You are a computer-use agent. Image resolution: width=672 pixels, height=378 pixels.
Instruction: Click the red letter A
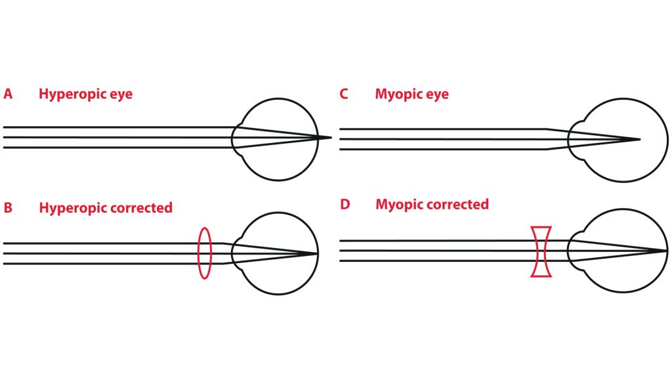[8, 94]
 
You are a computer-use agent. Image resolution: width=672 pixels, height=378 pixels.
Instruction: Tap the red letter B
[8, 208]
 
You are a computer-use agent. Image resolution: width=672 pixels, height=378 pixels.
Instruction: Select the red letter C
[344, 94]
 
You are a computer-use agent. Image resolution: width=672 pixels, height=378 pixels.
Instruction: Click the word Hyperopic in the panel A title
[68, 94]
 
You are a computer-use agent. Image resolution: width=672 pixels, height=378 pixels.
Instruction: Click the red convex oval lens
[205, 253]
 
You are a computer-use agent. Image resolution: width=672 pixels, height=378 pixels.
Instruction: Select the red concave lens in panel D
[542, 251]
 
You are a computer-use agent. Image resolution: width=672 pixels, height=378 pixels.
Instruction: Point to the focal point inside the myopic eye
[639, 139]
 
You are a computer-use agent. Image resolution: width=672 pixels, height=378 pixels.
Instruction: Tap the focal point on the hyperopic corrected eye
[318, 253]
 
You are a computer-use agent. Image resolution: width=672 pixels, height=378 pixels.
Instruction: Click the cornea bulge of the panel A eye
[237, 138]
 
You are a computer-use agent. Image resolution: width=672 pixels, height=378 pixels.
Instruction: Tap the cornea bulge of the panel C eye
[572, 139]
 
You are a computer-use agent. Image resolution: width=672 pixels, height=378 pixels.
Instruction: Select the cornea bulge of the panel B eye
[237, 253]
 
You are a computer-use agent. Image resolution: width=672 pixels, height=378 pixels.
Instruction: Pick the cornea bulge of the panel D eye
[572, 251]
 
